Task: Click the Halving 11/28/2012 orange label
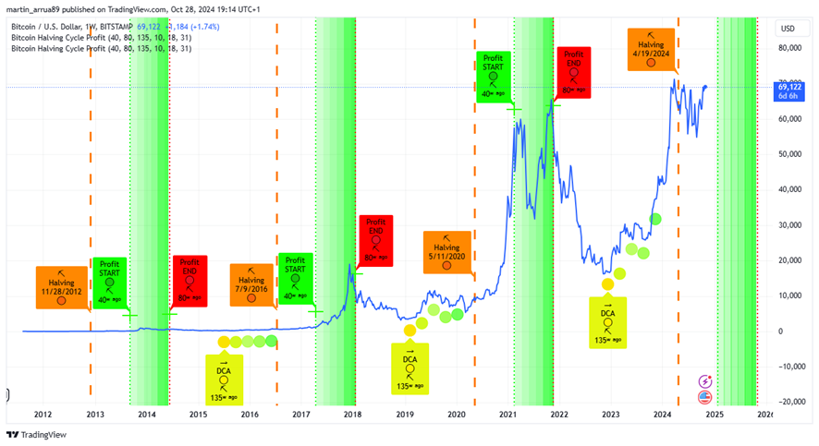pyautogui.click(x=61, y=286)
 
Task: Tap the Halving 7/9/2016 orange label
pyautogui.click(x=251, y=285)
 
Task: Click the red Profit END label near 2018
pyautogui.click(x=375, y=239)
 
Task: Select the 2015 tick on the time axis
pyautogui.click(x=198, y=416)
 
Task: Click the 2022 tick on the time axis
pyautogui.click(x=559, y=416)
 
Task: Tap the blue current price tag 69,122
pyautogui.click(x=790, y=90)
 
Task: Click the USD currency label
pyautogui.click(x=788, y=29)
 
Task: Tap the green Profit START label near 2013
pyautogui.click(x=111, y=283)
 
